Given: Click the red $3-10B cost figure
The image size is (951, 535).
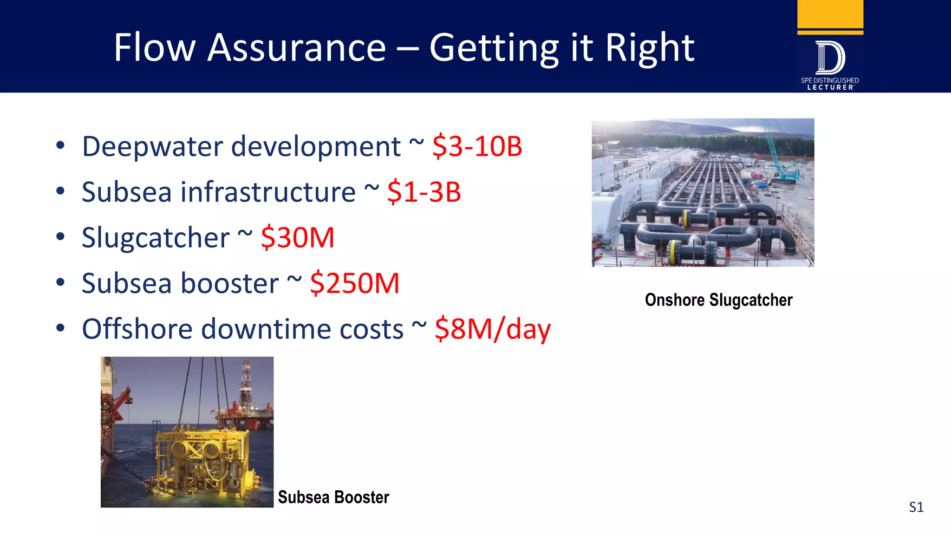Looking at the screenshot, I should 477,146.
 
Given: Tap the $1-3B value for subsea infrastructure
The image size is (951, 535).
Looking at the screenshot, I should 424,192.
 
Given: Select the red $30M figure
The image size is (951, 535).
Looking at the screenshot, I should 297,238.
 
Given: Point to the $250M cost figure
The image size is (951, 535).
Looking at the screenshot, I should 354,283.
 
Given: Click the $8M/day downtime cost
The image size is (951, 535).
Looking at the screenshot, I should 492,329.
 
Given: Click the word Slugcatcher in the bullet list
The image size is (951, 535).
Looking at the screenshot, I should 156,238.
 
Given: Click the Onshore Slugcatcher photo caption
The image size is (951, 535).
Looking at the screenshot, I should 718,300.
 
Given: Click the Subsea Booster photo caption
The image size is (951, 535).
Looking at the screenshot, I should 333,497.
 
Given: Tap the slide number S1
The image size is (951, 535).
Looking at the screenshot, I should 916,507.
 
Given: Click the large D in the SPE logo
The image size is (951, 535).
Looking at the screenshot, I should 830,58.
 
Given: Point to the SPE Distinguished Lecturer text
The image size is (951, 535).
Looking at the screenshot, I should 830,84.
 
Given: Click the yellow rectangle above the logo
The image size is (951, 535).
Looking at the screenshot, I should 830,14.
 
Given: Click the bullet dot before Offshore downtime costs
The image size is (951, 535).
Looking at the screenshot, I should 60,328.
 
